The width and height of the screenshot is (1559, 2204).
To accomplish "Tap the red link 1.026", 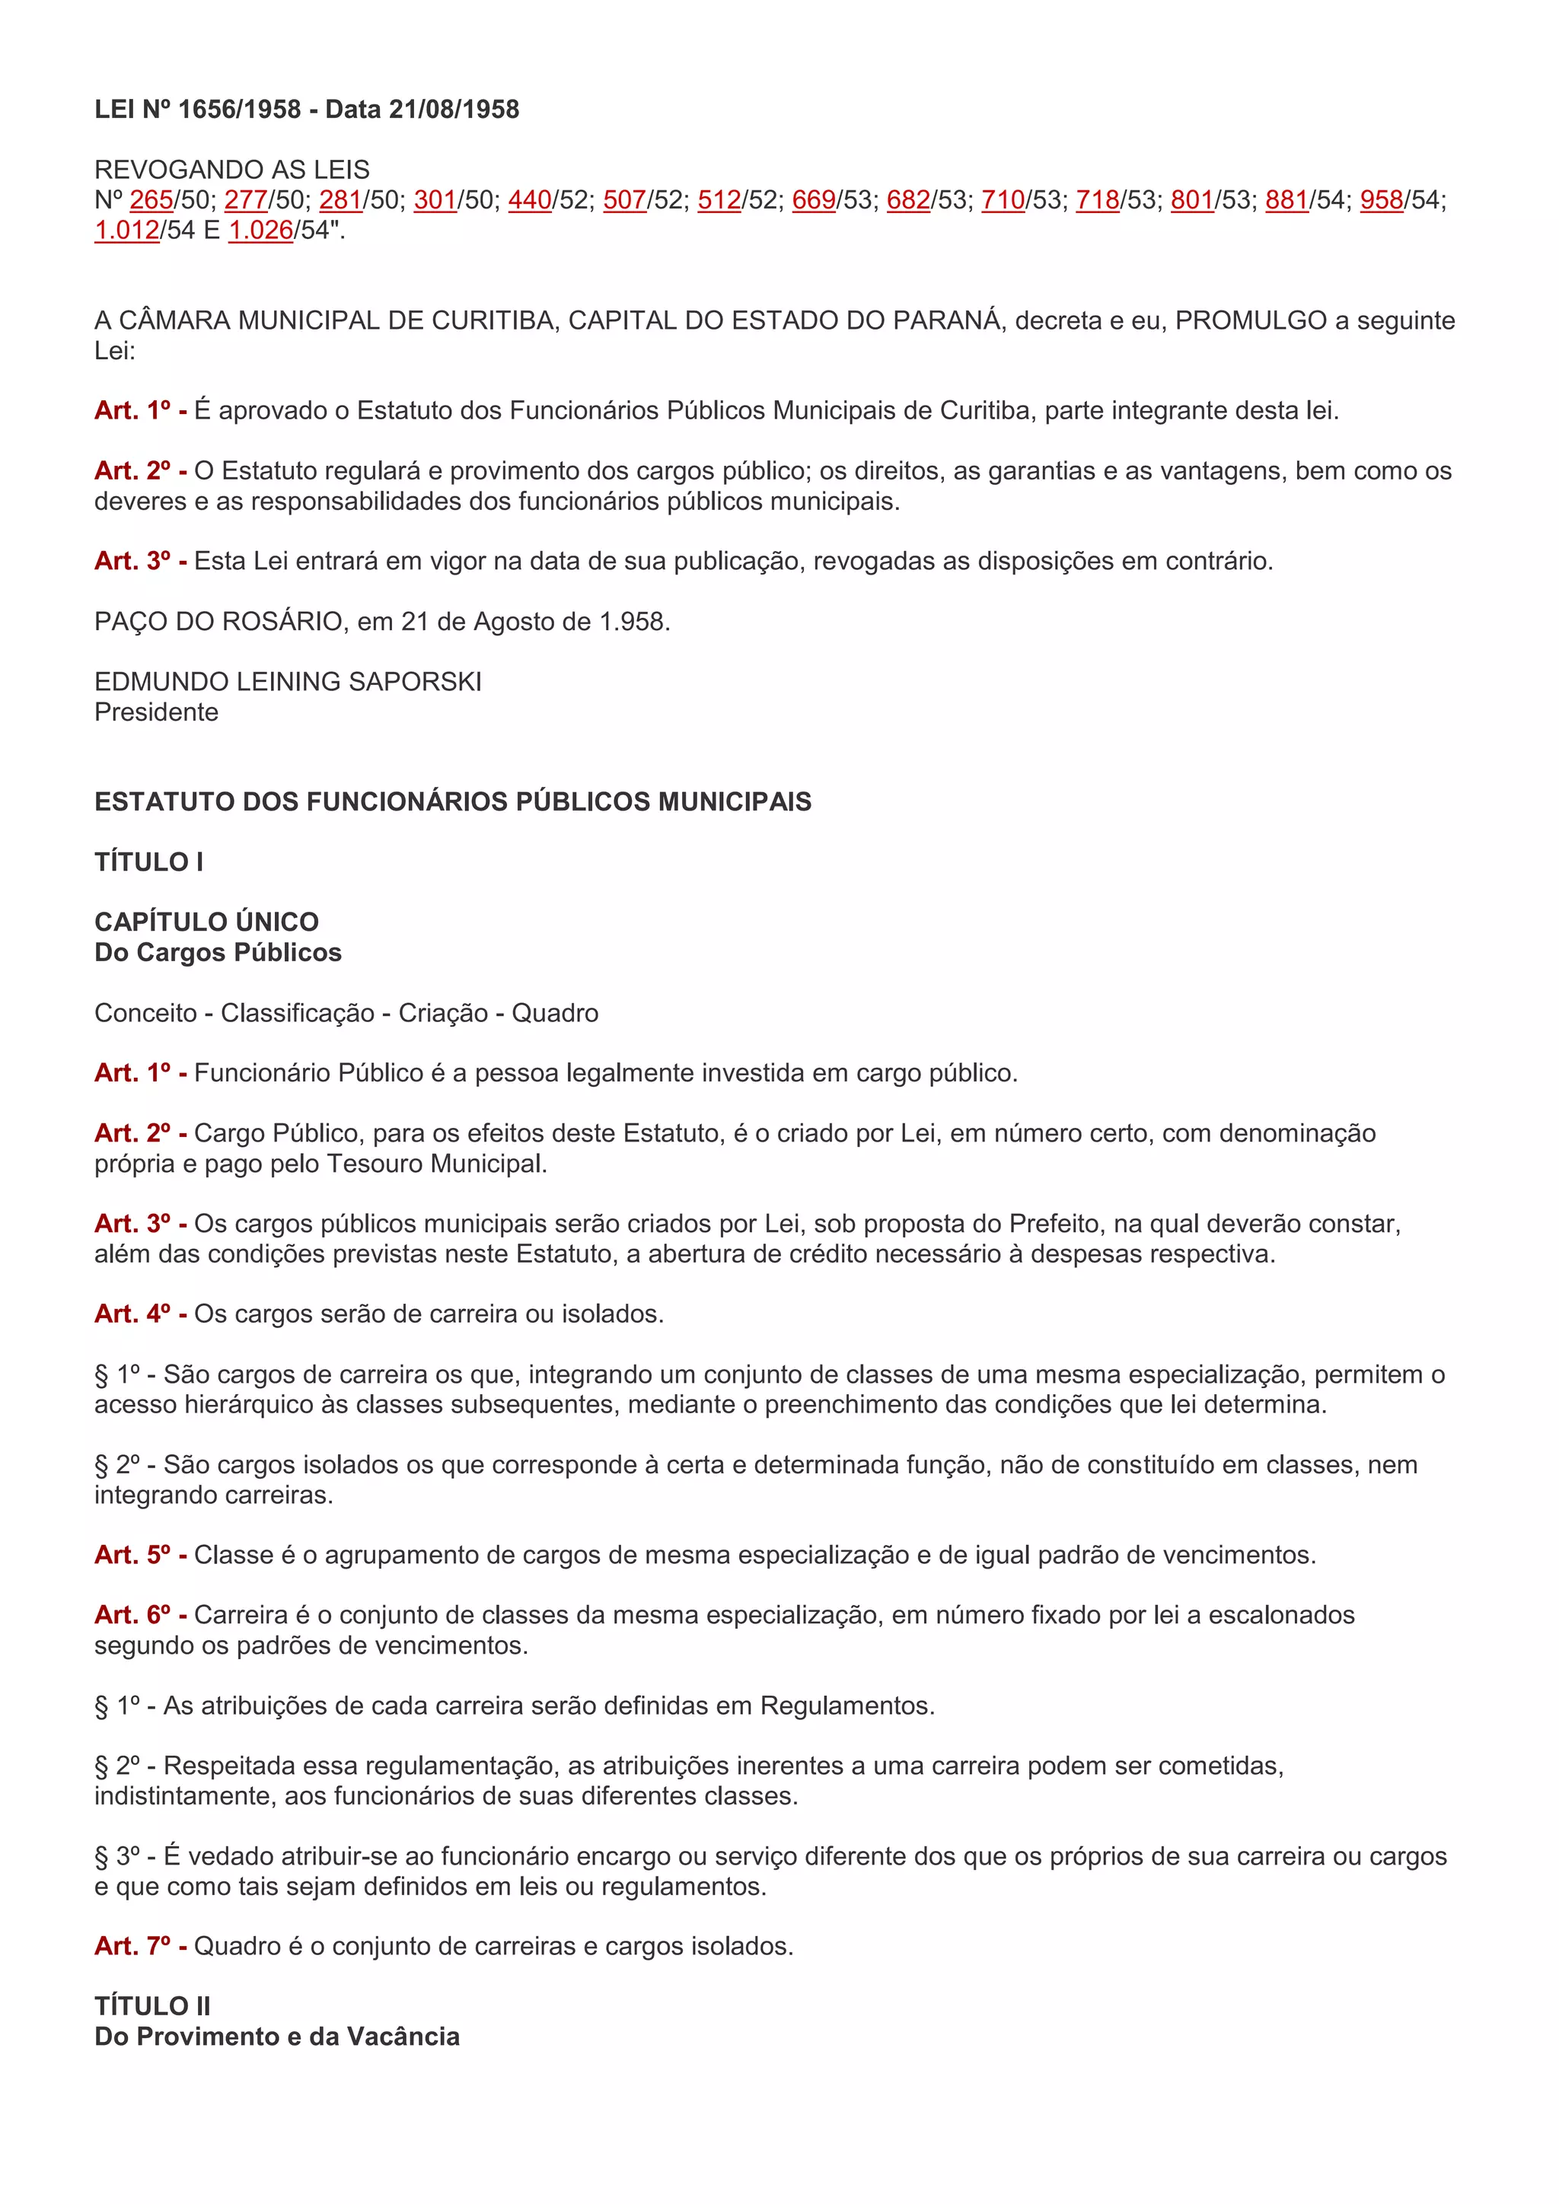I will point(260,231).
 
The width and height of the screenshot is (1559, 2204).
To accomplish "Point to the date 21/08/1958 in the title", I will point(454,110).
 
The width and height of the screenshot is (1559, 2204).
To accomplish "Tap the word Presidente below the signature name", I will point(157,712).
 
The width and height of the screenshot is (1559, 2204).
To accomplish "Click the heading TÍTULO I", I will point(148,862).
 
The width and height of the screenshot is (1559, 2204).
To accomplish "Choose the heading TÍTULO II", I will point(153,2006).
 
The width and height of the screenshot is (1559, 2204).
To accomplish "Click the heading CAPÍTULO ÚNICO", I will point(206,922).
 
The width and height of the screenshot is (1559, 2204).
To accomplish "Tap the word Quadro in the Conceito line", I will point(555,1013).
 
